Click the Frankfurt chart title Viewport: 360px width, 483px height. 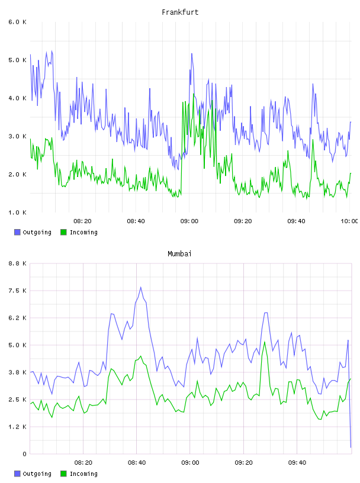point(180,12)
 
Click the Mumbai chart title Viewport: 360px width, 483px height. point(179,254)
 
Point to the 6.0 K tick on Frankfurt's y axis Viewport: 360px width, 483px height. point(17,22)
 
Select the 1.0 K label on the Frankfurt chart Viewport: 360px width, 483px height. point(17,212)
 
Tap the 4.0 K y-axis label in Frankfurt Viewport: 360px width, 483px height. point(17,98)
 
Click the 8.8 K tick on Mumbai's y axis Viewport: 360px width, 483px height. point(17,263)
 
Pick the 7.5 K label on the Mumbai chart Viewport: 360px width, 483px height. point(17,291)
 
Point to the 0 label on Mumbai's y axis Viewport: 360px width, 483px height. point(24,454)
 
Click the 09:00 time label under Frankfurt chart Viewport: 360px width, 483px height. point(189,221)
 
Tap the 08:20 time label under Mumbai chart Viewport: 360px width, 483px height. point(83,463)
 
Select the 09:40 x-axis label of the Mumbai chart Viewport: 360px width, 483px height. point(297,463)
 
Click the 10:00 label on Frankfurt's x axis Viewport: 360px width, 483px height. point(349,221)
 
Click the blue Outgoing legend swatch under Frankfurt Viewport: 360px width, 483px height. point(17,232)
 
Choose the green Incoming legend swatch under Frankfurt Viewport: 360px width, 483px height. point(63,232)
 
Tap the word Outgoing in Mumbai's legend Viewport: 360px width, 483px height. point(37,474)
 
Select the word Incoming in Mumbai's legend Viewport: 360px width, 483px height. point(83,474)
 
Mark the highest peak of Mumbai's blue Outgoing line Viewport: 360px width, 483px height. point(141,288)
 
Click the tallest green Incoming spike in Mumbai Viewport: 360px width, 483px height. point(265,342)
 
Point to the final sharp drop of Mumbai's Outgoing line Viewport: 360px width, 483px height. point(349,394)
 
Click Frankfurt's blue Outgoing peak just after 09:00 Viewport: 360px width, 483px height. point(192,54)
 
